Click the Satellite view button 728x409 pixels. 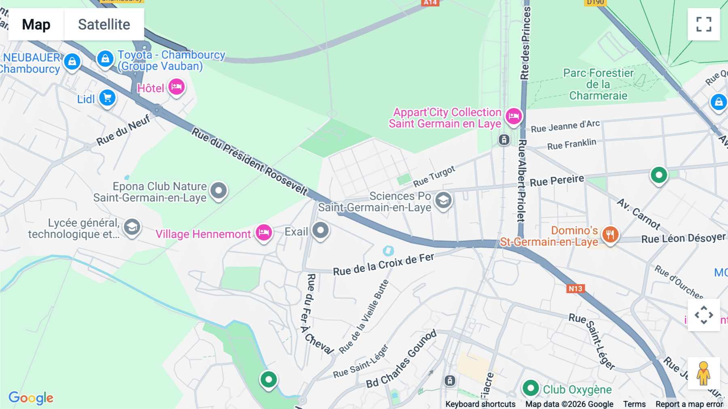[x=104, y=24]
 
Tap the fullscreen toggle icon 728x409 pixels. [x=704, y=24]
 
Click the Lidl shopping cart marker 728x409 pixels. [x=107, y=98]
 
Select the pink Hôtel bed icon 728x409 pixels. [x=176, y=87]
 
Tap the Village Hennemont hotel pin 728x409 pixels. [x=264, y=232]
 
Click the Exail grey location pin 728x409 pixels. [x=321, y=230]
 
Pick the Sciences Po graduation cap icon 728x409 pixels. [x=443, y=200]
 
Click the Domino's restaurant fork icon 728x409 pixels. [x=610, y=234]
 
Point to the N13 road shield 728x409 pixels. [x=575, y=289]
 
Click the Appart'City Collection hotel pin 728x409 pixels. [x=514, y=116]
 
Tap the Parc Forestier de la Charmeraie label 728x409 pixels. [x=598, y=84]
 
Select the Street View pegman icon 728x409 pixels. [x=703, y=373]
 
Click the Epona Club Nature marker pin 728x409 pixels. [x=219, y=190]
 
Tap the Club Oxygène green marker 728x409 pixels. [x=530, y=388]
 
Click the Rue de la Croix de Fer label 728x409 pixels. [x=383, y=264]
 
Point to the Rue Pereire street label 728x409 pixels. [x=557, y=181]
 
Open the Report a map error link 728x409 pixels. [x=689, y=404]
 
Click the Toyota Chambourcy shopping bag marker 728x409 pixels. [x=105, y=59]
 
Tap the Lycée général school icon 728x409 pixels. [x=132, y=227]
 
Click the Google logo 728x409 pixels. [x=31, y=398]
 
